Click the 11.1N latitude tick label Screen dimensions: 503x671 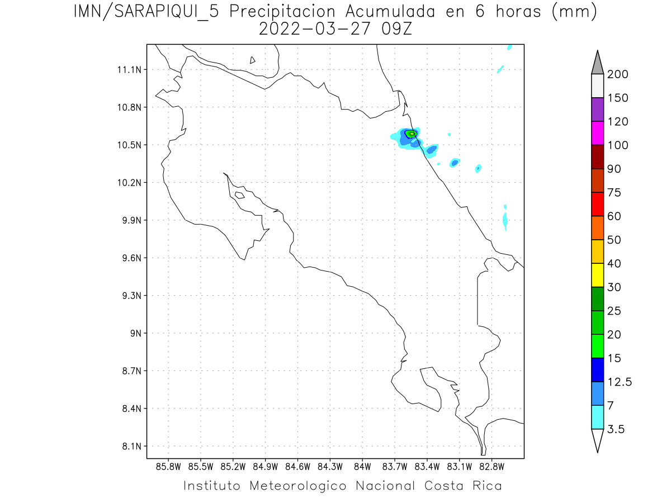[x=129, y=70]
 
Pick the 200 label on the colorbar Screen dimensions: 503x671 [x=617, y=74]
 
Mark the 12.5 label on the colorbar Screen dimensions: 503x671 [x=619, y=382]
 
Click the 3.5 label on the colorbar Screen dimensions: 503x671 [x=615, y=429]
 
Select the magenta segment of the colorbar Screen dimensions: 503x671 [x=597, y=133]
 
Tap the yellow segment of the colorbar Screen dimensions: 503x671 [x=597, y=275]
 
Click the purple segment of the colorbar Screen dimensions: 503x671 [x=597, y=110]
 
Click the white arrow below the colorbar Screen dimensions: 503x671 [x=597, y=440]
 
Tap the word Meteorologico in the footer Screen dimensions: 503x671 [x=297, y=486]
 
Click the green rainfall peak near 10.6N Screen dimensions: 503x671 [x=411, y=134]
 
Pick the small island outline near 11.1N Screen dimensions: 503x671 [x=253, y=60]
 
